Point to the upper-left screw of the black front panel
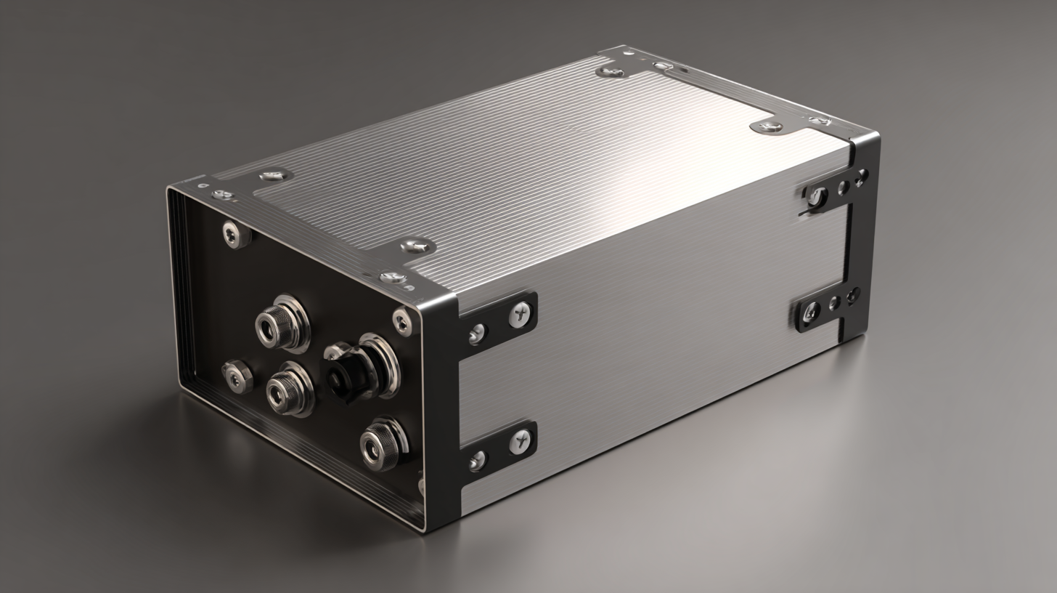pos(234,234)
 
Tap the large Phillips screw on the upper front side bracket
pos(520,313)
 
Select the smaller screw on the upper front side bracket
pos(477,334)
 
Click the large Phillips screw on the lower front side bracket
pos(520,440)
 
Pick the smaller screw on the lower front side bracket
pos(477,460)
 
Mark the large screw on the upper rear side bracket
pos(817,196)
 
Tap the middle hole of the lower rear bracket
pos(835,302)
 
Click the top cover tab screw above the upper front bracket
pos(417,246)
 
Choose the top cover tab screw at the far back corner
pos(608,71)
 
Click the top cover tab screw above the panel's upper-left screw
pos(275,175)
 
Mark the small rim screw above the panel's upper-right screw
pos(392,277)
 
